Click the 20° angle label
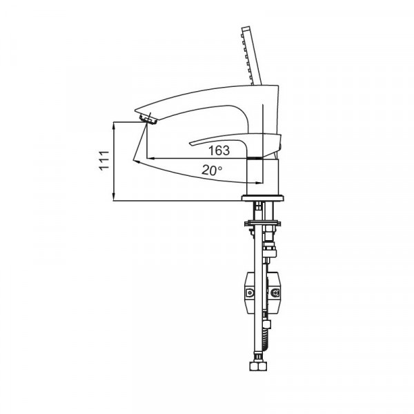(212, 169)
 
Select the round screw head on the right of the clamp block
(277, 293)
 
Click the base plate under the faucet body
(262, 199)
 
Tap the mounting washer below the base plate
(262, 223)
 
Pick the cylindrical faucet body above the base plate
(262, 177)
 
